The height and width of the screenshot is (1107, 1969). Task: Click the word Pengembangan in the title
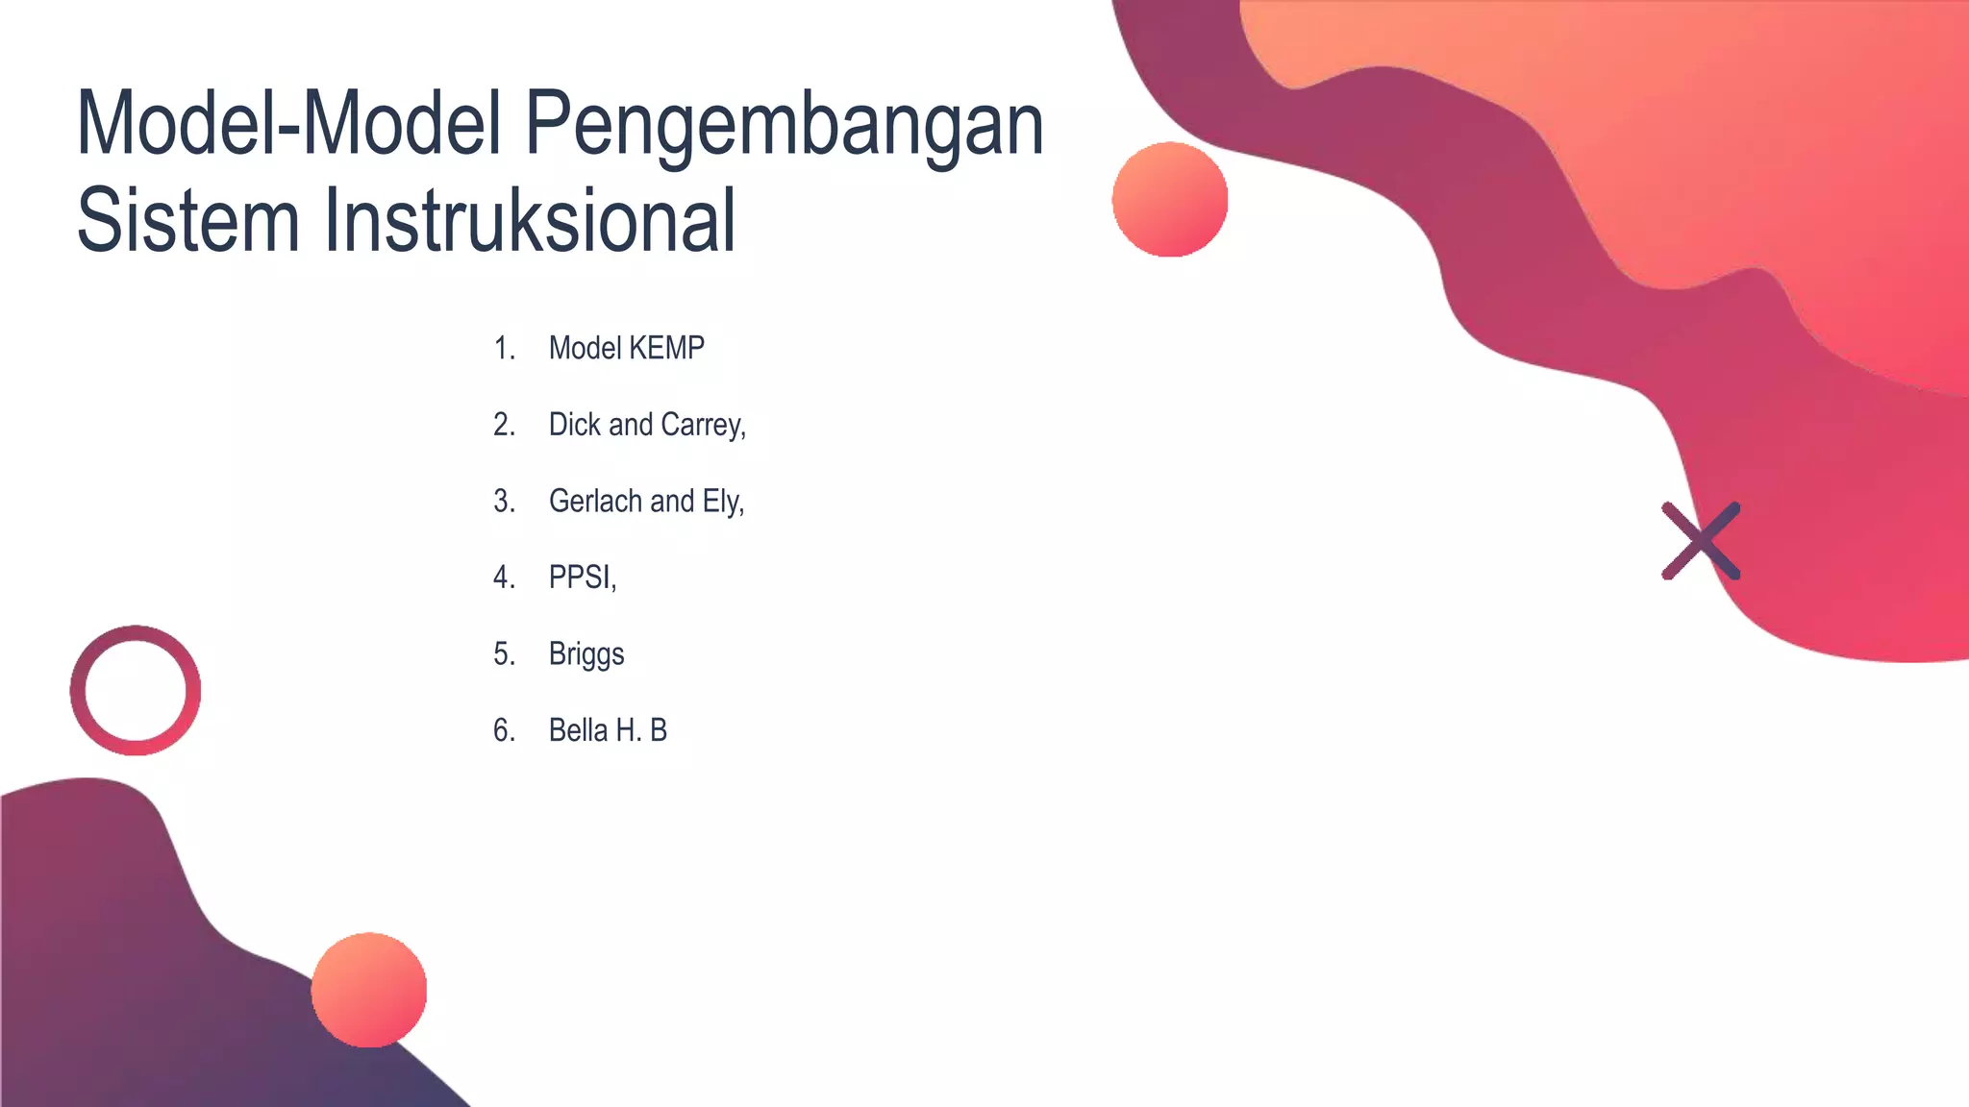(x=784, y=125)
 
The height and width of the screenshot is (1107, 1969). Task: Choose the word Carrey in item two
(x=703, y=425)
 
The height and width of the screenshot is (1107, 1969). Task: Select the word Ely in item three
(x=722, y=502)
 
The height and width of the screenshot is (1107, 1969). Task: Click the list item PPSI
(x=582, y=577)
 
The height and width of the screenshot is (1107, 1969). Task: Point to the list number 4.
(x=504, y=577)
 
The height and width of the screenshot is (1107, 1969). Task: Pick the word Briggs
(x=586, y=654)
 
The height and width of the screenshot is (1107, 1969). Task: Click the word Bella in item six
(x=578, y=730)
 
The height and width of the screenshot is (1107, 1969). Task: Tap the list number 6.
(x=504, y=730)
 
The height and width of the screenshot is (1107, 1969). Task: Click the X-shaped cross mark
(x=1701, y=541)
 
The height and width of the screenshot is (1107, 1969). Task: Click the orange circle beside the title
(x=1170, y=200)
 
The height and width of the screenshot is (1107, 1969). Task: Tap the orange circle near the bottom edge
(x=369, y=990)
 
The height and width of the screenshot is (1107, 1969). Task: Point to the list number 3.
(x=504, y=501)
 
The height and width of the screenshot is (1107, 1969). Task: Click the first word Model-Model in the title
(x=289, y=125)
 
